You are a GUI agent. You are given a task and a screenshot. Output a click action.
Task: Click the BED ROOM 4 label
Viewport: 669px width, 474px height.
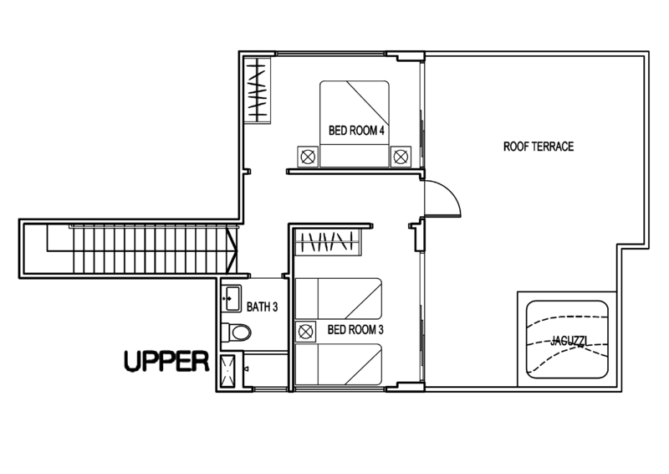pyautogui.click(x=356, y=131)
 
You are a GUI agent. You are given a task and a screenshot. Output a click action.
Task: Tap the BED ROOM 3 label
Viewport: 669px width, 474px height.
pyautogui.click(x=355, y=330)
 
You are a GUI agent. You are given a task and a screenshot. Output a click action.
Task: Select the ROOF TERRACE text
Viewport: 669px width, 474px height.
pyautogui.click(x=539, y=147)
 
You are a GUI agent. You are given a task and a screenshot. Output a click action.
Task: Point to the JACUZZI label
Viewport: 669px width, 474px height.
pyautogui.click(x=569, y=341)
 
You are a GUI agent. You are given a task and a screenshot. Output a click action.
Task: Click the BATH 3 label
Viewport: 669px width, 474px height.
pyautogui.click(x=262, y=307)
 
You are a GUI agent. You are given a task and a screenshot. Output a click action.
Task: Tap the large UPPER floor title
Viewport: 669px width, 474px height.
pyautogui.click(x=166, y=362)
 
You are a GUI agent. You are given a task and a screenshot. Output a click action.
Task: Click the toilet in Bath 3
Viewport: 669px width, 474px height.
pyautogui.click(x=237, y=332)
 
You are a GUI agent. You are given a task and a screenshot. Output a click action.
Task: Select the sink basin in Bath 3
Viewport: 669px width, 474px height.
pyautogui.click(x=232, y=298)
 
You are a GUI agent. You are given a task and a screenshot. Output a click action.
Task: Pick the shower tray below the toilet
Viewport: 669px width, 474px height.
pyautogui.click(x=227, y=372)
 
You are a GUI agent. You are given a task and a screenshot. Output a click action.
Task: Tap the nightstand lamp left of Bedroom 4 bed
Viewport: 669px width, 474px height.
pyautogui.click(x=308, y=157)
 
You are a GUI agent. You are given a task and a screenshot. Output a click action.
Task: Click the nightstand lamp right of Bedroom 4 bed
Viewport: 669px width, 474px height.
pyautogui.click(x=401, y=157)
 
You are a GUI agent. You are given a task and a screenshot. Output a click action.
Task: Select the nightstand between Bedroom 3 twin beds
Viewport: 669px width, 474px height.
pyautogui.click(x=305, y=332)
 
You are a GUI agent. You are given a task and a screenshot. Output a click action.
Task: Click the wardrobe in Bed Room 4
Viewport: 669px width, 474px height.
pyautogui.click(x=258, y=90)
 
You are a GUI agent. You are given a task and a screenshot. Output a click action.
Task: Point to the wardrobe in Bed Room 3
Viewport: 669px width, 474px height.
pyautogui.click(x=328, y=242)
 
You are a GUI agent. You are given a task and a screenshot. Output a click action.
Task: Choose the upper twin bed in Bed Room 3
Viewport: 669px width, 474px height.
pyautogui.click(x=339, y=299)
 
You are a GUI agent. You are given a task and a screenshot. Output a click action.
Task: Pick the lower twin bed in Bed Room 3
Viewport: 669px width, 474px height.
pyautogui.click(x=339, y=364)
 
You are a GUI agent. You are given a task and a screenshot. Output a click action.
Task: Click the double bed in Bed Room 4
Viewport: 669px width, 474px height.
pyautogui.click(x=355, y=123)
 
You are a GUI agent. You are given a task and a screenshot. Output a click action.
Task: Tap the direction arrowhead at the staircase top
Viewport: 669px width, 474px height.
pyautogui.click(x=232, y=250)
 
